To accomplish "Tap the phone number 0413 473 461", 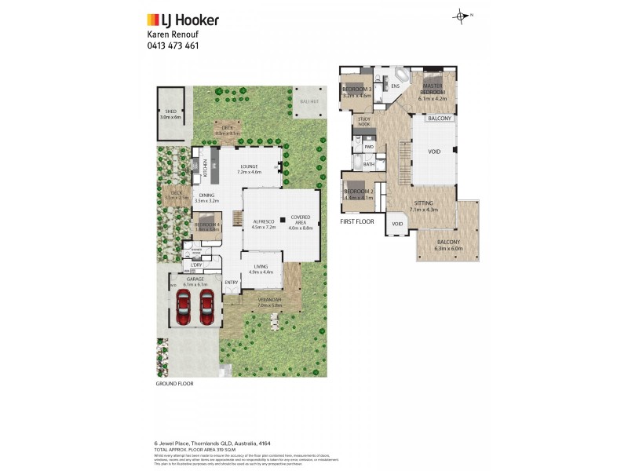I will point(173,46).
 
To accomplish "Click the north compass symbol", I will point(461,16).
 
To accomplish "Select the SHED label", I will point(170,111).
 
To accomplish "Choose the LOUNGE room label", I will point(250,166).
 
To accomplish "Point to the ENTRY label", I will point(232,282).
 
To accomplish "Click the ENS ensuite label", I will point(396,86).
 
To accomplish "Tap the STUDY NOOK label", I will point(364,122).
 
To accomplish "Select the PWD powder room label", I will point(368,147).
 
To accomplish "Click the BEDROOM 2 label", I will point(357,192).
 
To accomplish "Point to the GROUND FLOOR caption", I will point(174,384).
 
